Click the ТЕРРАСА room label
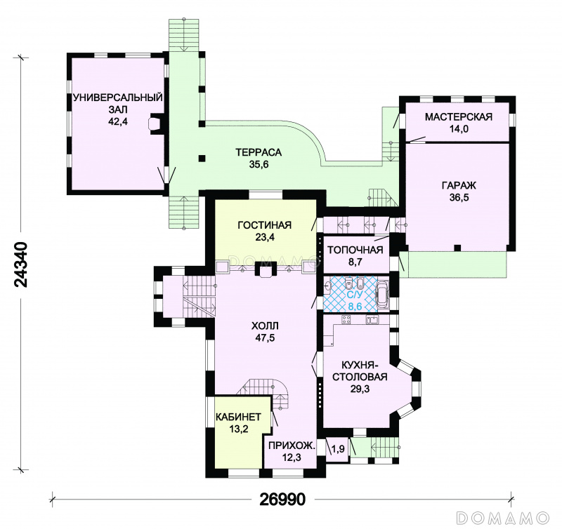click(x=259, y=152)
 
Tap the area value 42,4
click(x=118, y=121)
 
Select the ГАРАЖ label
click(x=459, y=185)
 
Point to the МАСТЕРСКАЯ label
click(x=459, y=116)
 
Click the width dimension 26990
click(x=283, y=499)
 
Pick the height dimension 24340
click(x=21, y=264)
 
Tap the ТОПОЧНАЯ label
click(x=355, y=250)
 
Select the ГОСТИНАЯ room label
click(x=265, y=225)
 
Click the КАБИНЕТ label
click(x=238, y=417)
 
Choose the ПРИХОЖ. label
click(x=292, y=446)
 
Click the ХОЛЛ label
click(x=265, y=326)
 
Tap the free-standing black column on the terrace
click(x=202, y=158)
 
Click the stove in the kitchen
click(x=346, y=320)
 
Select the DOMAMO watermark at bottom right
click(x=503, y=517)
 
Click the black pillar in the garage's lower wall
click(x=457, y=248)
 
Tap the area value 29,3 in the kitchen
click(x=360, y=389)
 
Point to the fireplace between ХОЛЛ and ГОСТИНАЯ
click(x=265, y=269)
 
